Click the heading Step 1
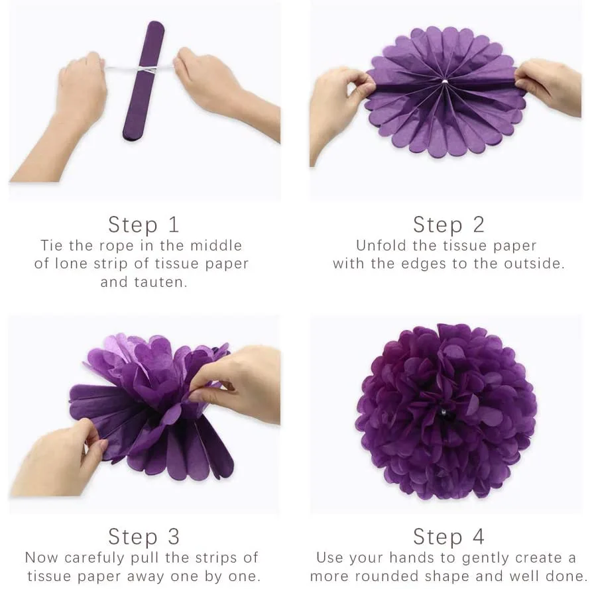143,225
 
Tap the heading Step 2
449,225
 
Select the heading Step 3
143,537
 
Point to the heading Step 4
449,537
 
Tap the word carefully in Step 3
93,558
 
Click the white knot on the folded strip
143,69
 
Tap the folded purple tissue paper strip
144,80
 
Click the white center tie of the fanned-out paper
444,81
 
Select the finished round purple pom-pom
446,411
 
